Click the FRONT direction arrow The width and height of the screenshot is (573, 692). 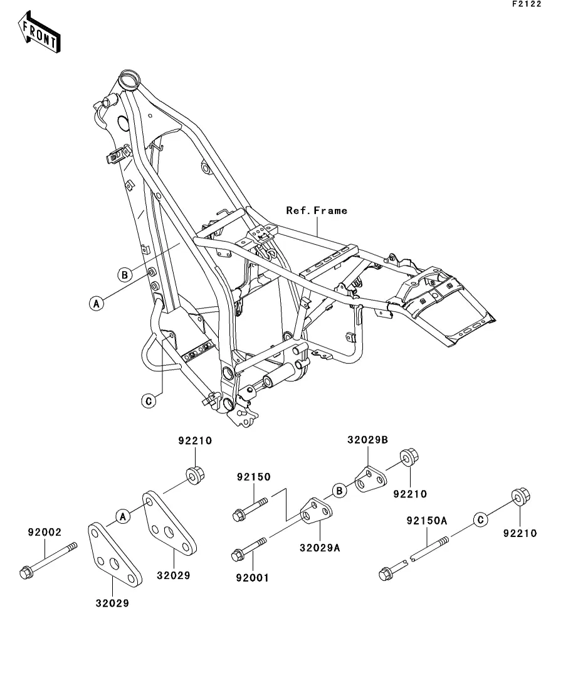pyautogui.click(x=39, y=32)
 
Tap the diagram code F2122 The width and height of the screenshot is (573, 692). pyautogui.click(x=527, y=4)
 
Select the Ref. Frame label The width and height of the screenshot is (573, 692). pyautogui.click(x=317, y=211)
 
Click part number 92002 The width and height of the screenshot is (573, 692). pyautogui.click(x=45, y=532)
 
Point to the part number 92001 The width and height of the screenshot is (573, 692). pyautogui.click(x=252, y=578)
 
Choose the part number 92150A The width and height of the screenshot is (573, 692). pyautogui.click(x=427, y=521)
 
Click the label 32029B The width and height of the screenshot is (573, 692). pyautogui.click(x=368, y=440)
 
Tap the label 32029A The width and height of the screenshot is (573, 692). pyautogui.click(x=320, y=548)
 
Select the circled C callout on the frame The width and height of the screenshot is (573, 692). pyautogui.click(x=149, y=401)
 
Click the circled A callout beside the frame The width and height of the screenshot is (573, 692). pyautogui.click(x=97, y=304)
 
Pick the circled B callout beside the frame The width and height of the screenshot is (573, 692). pyautogui.click(x=125, y=275)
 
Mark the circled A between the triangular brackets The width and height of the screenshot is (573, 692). pyautogui.click(x=123, y=516)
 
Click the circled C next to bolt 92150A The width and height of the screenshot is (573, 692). pyautogui.click(x=480, y=520)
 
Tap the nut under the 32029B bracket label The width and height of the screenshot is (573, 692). pyautogui.click(x=409, y=457)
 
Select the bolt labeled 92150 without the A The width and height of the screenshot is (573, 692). pyautogui.click(x=250, y=509)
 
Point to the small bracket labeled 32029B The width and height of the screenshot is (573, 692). pyautogui.click(x=371, y=479)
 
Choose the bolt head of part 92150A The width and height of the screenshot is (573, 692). pyautogui.click(x=386, y=573)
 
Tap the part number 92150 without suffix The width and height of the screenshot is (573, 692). pyautogui.click(x=254, y=477)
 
